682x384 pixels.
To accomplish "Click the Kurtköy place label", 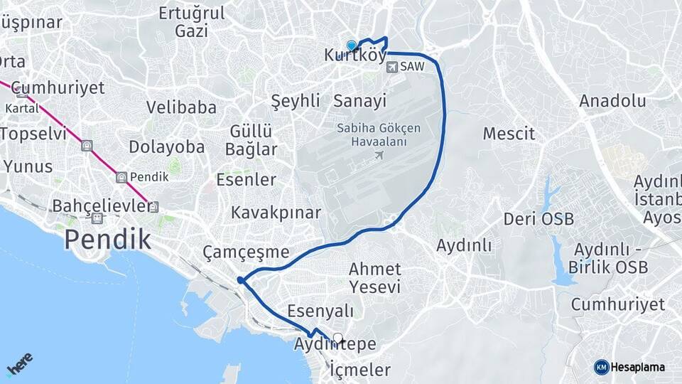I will [355, 55].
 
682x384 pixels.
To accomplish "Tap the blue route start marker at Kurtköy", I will [351, 45].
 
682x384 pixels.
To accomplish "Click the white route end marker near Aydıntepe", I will [338, 338].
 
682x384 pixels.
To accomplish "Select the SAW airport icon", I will [393, 66].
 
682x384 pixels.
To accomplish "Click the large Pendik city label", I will [107, 239].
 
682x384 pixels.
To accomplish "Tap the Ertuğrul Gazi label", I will [192, 22].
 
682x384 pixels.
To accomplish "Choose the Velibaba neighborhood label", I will [181, 107].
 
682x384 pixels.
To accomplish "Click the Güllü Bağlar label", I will [251, 140].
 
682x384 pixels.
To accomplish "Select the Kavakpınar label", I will [276, 213].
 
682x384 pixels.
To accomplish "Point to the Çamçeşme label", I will [246, 252].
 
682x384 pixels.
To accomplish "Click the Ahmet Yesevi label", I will [374, 278].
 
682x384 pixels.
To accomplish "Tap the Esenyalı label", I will [320, 311].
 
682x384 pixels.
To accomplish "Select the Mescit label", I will [509, 133].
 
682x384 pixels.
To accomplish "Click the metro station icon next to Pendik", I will [121, 177].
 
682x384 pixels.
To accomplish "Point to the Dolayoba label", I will [167, 147].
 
